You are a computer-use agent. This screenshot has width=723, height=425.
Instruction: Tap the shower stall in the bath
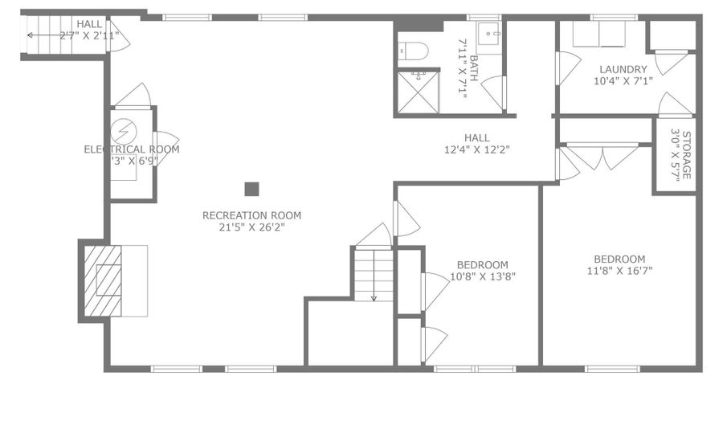pyautogui.click(x=417, y=91)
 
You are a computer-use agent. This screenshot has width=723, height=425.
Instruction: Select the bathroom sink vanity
pyautogui.click(x=490, y=35)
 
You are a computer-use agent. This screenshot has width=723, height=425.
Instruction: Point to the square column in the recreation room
pyautogui.click(x=251, y=189)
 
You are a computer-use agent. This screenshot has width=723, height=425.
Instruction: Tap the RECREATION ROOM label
pyautogui.click(x=251, y=215)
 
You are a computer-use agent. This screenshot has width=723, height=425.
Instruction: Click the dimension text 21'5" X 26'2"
pyautogui.click(x=251, y=227)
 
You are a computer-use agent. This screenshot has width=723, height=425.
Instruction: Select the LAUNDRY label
pyautogui.click(x=623, y=68)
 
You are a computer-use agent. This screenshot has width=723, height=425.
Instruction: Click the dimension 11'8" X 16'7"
pyautogui.click(x=619, y=271)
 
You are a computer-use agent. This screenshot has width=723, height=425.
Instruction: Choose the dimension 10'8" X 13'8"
pyautogui.click(x=482, y=276)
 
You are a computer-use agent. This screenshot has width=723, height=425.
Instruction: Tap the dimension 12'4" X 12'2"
pyautogui.click(x=477, y=149)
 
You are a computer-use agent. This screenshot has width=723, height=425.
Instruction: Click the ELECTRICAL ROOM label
pyautogui.click(x=132, y=149)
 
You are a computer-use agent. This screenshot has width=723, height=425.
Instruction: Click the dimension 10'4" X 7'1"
pyautogui.click(x=623, y=80)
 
